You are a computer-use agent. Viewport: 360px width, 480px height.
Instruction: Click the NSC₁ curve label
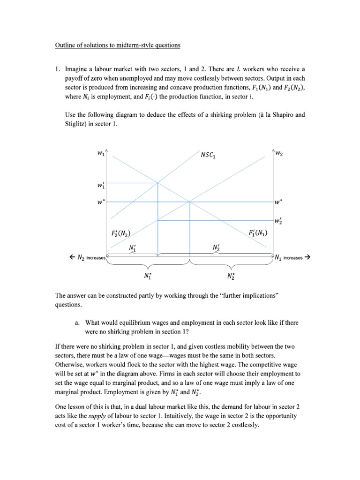207,155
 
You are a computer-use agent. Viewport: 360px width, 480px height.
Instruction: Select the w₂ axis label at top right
279,153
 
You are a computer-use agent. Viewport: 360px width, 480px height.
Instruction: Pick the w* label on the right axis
279,202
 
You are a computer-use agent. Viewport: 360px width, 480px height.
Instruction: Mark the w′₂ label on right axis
279,220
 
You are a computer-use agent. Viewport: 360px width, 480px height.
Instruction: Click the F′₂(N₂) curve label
121,233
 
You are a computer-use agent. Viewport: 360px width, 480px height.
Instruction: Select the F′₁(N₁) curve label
257,232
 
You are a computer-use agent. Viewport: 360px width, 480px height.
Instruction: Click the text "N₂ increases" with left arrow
87,257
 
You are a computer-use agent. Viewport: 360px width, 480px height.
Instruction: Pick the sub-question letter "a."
78,323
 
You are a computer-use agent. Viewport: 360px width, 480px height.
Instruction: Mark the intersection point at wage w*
189,202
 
